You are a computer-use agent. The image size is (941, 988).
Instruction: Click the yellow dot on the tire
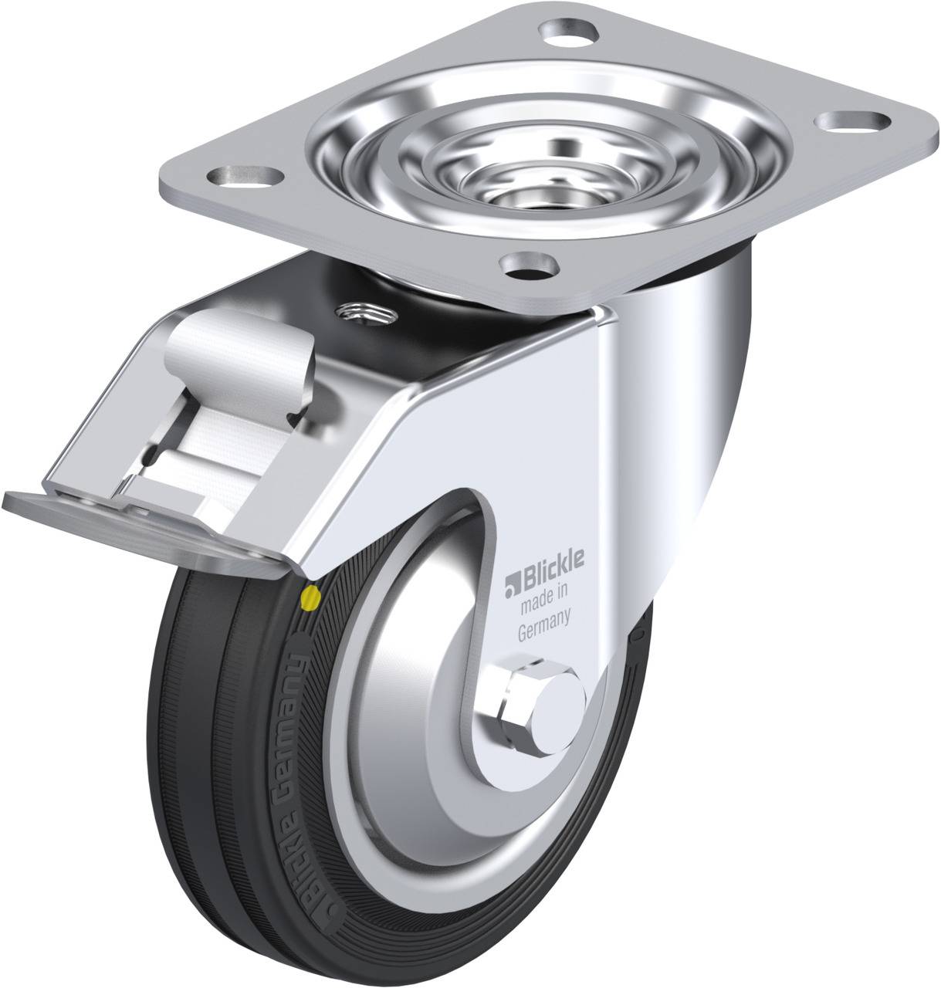click(310, 596)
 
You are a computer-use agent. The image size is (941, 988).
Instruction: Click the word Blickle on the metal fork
click(553, 565)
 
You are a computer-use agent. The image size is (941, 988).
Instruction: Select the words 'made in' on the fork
click(544, 597)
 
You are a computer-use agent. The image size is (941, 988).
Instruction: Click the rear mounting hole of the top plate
click(568, 33)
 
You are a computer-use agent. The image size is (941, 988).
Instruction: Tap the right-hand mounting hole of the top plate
click(852, 121)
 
